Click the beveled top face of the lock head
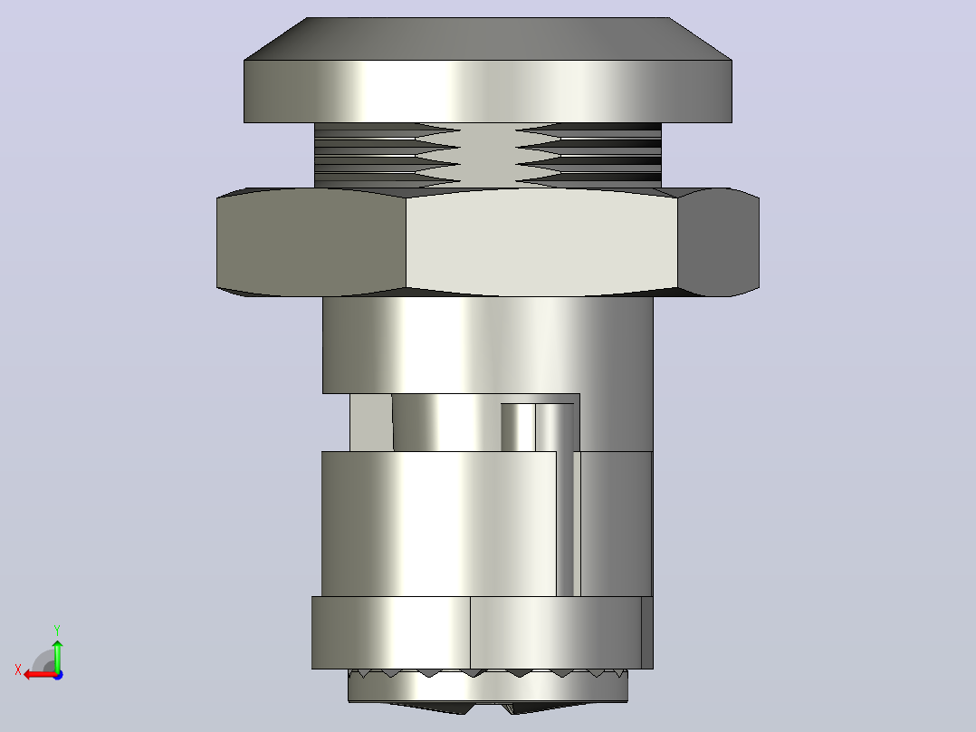[488, 39]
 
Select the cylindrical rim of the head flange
[488, 91]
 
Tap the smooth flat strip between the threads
[488, 155]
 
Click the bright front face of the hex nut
[541, 242]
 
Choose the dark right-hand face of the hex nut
[718, 242]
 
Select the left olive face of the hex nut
[311, 242]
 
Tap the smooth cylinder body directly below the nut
[488, 344]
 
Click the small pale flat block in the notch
[371, 422]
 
